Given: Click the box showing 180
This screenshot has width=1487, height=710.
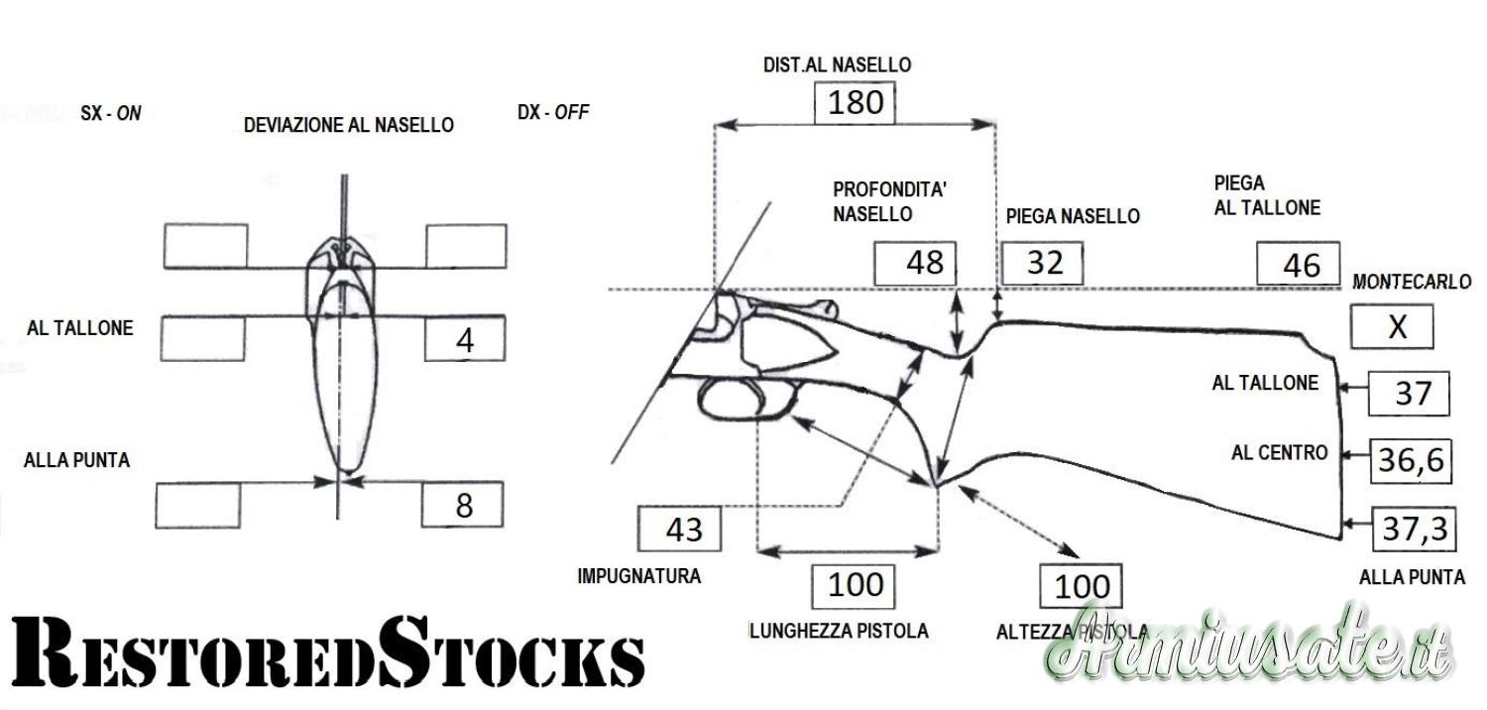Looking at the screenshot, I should click(x=855, y=102).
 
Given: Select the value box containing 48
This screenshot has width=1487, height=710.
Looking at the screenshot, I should click(x=914, y=264).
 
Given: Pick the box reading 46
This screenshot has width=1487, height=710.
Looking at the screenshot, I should click(x=1299, y=265).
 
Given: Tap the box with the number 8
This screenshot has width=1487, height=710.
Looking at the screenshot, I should click(x=463, y=506).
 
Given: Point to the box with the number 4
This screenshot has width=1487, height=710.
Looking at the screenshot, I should click(x=464, y=340).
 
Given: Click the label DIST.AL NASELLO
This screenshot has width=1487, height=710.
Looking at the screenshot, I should click(x=837, y=65).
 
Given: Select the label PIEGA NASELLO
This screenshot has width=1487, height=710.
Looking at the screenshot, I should click(x=1072, y=215).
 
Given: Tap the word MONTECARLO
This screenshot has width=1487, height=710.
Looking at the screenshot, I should click(x=1412, y=283).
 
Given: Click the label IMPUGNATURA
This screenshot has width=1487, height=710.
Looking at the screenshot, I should click(x=638, y=576).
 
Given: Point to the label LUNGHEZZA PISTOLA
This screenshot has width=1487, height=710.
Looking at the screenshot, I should click(x=839, y=632).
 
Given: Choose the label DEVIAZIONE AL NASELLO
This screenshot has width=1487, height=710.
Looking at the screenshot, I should click(x=349, y=125).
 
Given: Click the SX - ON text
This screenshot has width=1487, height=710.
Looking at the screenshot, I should click(x=110, y=113).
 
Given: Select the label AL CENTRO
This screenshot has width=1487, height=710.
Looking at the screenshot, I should click(x=1279, y=453).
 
